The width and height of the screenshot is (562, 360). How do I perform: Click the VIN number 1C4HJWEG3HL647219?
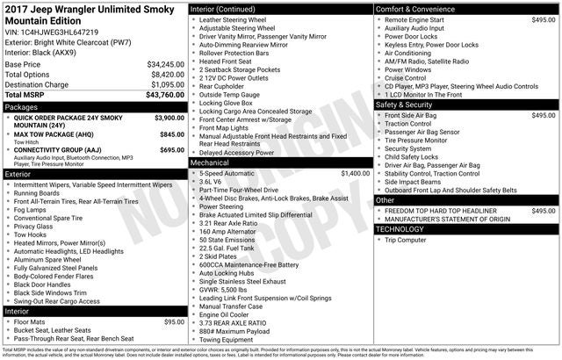point(60,32)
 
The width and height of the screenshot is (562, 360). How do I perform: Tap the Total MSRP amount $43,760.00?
point(159,94)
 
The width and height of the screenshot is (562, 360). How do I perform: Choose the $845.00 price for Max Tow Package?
point(171,134)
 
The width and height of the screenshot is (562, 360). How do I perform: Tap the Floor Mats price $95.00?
point(174,322)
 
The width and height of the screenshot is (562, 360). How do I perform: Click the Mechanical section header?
point(210,162)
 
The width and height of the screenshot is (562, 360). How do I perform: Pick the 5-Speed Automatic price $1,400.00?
point(349,173)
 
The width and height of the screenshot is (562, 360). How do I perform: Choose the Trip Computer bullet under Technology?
point(405,240)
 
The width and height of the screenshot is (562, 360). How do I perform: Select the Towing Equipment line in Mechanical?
point(229,339)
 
